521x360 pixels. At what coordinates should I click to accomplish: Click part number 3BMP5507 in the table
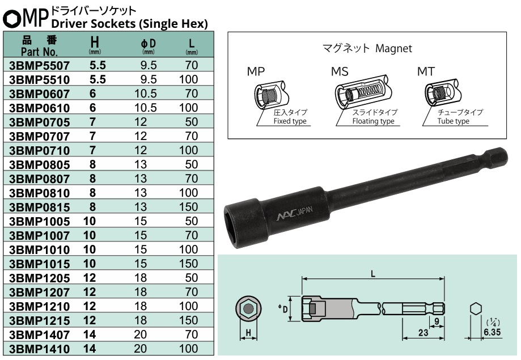point(38,65)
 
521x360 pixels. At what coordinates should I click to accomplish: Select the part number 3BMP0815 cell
point(38,207)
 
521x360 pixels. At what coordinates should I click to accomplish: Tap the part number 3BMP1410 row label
point(38,349)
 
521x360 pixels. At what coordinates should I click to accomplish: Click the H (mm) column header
point(95,44)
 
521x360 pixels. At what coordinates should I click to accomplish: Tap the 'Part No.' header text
point(39,50)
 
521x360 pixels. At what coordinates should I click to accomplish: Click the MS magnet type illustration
point(362,91)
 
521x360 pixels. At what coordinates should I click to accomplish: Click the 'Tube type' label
point(454,121)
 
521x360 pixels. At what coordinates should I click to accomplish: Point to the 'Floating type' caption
point(372,121)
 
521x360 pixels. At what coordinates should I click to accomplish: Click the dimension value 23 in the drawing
point(423,333)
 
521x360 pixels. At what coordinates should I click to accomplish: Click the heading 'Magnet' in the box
point(393,49)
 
